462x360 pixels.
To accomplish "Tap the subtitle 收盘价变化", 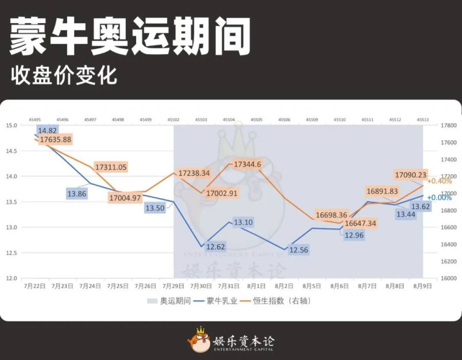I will (64, 75).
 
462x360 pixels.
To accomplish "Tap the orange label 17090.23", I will (411, 175).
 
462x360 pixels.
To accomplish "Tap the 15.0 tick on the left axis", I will (11, 125).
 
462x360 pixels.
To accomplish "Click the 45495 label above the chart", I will (35, 119).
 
